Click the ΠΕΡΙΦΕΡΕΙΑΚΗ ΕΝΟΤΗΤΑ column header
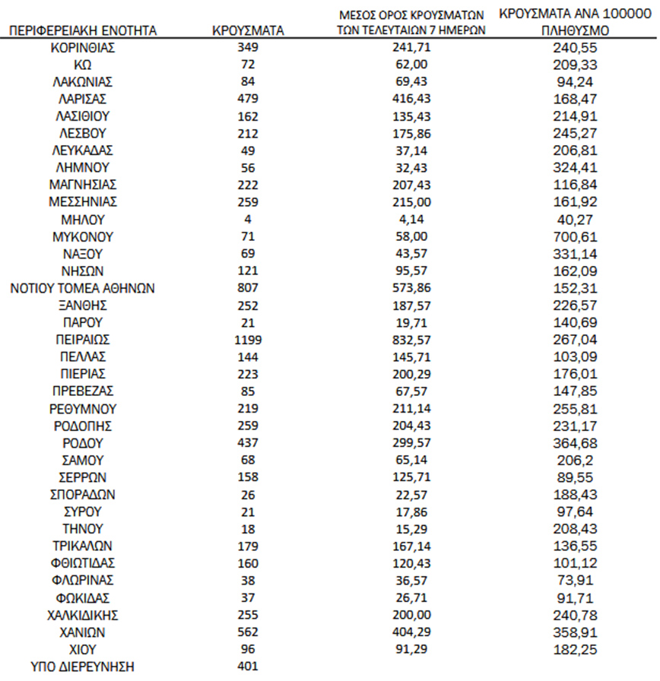83,31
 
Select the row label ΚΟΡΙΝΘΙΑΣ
84,47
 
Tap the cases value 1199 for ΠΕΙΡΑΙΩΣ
248,339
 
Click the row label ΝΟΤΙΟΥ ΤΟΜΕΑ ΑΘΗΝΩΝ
84,288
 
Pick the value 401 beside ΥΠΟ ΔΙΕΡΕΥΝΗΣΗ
248,666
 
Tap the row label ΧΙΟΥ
84,649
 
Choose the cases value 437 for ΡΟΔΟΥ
248,442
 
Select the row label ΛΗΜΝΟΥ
84,167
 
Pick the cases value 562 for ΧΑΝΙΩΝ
248,632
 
